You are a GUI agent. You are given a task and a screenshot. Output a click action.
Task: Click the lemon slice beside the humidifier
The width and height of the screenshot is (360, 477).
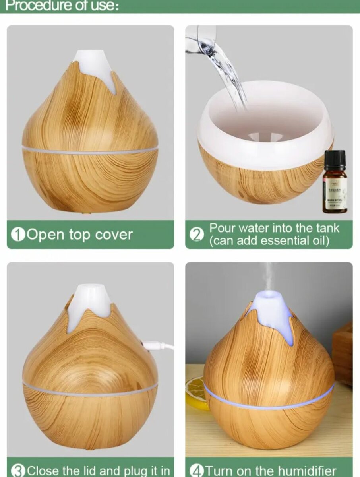pyautogui.click(x=196, y=394)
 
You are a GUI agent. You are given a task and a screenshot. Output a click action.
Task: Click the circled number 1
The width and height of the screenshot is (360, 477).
pyautogui.click(x=18, y=235)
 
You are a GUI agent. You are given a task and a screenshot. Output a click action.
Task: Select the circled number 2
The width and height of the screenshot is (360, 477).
pyautogui.click(x=196, y=235)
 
